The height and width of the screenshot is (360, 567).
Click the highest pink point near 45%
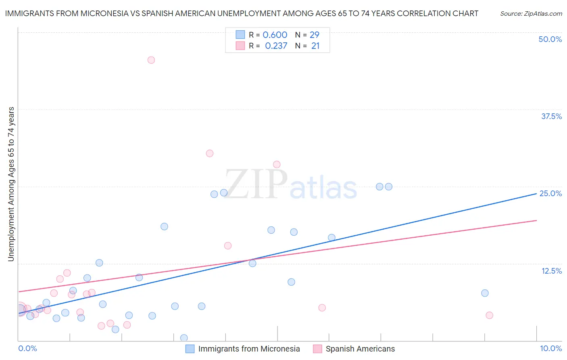pyautogui.click(x=151, y=60)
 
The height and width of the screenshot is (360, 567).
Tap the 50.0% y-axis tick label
pyautogui.click(x=550, y=39)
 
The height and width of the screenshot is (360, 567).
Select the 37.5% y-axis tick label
pyautogui.click(x=551, y=116)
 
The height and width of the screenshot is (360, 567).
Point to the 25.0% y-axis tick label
pyautogui.click(x=550, y=193)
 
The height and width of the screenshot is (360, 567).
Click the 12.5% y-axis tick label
pyautogui.click(x=551, y=271)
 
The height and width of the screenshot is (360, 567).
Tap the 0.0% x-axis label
pyautogui.click(x=27, y=348)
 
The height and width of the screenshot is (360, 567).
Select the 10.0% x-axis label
pyautogui.click(x=550, y=348)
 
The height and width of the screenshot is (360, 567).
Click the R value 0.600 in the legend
pyautogui.click(x=275, y=35)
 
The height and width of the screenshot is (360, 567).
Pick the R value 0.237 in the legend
pyautogui.click(x=276, y=46)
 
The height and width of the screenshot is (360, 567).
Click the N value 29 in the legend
pyautogui.click(x=315, y=35)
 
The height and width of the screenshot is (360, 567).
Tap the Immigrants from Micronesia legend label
pyautogui.click(x=249, y=349)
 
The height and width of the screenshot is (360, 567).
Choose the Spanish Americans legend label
pyautogui.click(x=360, y=349)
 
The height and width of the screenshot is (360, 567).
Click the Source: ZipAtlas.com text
pyautogui.click(x=531, y=14)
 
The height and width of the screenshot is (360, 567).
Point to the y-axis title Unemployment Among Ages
pyautogui.click(x=11, y=184)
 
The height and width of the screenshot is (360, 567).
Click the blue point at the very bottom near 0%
pyautogui.click(x=184, y=338)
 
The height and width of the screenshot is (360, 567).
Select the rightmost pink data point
pyautogui.click(x=489, y=315)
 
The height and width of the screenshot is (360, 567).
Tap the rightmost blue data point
pyautogui.click(x=485, y=293)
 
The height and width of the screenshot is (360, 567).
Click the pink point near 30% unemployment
pyautogui.click(x=210, y=153)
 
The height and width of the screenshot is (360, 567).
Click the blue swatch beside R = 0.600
pyautogui.click(x=240, y=35)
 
